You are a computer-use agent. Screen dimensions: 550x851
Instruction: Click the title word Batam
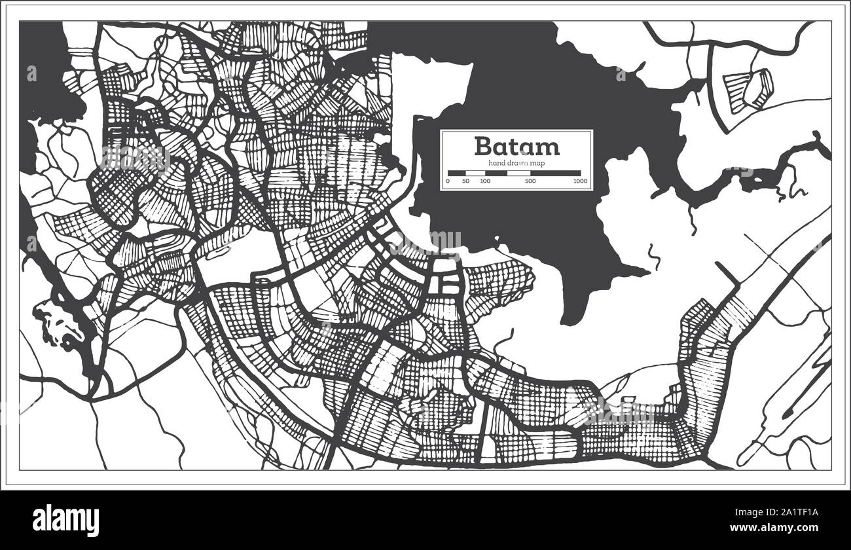(516, 145)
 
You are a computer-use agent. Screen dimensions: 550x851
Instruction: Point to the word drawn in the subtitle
(516, 162)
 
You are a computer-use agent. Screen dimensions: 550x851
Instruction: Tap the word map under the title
(537, 162)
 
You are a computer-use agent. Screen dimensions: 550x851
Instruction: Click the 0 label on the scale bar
(448, 181)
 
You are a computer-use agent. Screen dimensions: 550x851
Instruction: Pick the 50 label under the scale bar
(465, 181)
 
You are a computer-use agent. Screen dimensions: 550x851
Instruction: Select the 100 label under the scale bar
(484, 181)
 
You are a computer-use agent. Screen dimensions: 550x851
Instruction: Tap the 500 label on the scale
(530, 181)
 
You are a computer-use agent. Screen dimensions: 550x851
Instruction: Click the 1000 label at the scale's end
(579, 181)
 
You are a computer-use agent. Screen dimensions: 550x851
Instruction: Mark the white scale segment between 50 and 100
(475, 173)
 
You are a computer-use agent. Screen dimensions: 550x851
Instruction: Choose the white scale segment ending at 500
(518, 173)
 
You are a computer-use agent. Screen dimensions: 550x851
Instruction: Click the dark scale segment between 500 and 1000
(556, 173)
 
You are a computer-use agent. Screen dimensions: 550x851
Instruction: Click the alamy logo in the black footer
(66, 521)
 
